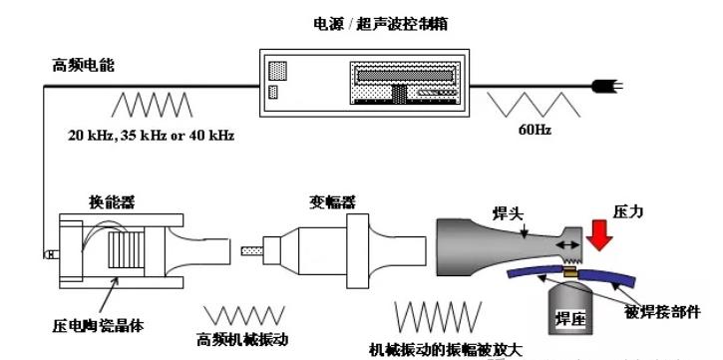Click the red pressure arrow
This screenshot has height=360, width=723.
pos(599,235)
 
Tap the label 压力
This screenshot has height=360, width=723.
pos(628,212)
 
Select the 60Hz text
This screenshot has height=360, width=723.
pos(535,130)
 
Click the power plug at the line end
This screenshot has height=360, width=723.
pos(606,86)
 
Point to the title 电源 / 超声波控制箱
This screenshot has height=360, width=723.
pos(380,24)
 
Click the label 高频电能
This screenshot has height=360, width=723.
pos(83,66)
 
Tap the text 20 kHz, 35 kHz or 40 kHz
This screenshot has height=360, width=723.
pos(152,136)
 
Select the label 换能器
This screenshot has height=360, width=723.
pos(112,201)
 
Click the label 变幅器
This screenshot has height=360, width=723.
pos(332,201)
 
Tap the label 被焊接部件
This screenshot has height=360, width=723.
pos(662,312)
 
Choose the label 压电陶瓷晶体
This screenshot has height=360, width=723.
pos(98,326)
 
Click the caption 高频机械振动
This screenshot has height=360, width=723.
pos(242,340)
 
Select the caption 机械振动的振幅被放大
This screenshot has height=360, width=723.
pos(447,350)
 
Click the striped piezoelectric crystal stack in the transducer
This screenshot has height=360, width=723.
pos(127,250)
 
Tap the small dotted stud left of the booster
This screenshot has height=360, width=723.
pos(252,250)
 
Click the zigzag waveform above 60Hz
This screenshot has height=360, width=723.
pos(534,104)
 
